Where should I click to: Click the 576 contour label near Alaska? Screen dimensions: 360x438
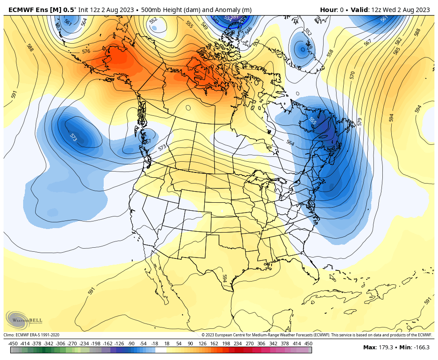point(86,51)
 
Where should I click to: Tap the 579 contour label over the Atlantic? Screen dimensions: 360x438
point(360,122)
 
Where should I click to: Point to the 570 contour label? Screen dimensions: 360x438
point(352,75)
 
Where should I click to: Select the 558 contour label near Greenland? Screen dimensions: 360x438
point(330,53)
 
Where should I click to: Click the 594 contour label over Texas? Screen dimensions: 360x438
point(224,278)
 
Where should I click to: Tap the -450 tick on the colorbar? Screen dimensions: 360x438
point(13,344)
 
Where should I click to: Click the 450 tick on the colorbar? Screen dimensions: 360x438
point(308,344)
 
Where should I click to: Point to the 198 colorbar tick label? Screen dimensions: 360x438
point(226,344)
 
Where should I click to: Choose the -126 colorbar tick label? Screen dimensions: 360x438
point(119,344)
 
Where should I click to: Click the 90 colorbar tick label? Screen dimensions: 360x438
point(190,344)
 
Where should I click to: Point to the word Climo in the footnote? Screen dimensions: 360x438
point(8,335)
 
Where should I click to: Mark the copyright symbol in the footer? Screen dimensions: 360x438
point(203,335)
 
